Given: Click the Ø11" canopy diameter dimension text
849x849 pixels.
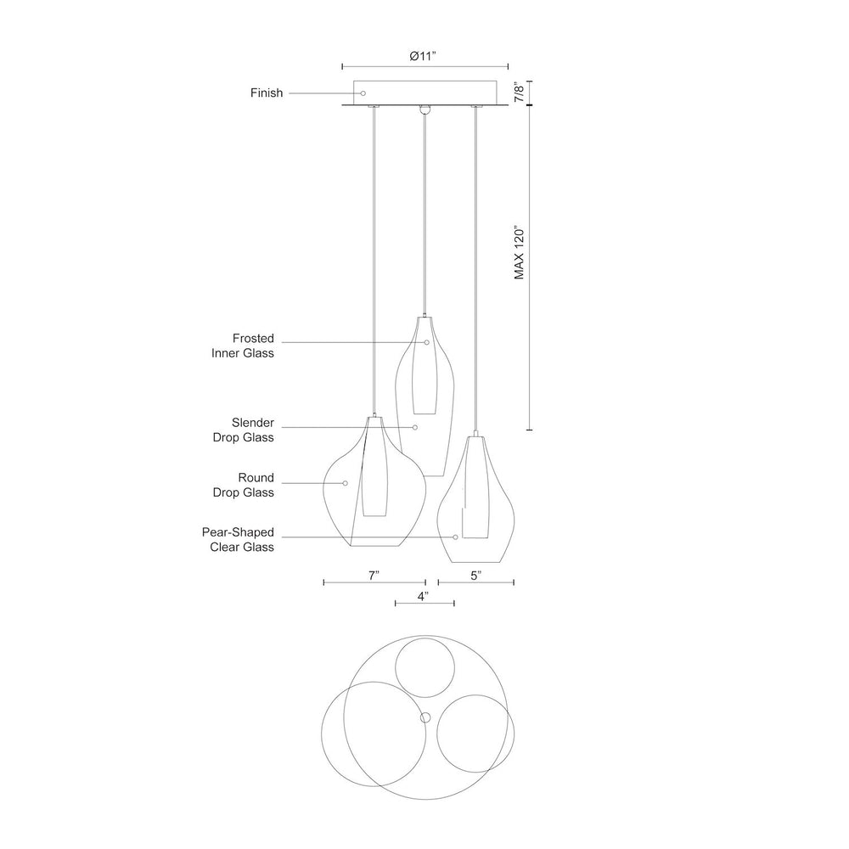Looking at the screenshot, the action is pyautogui.click(x=423, y=56).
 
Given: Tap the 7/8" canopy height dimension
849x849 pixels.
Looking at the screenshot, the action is pyautogui.click(x=520, y=93).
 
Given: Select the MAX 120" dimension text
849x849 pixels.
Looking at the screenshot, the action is pyautogui.click(x=520, y=253).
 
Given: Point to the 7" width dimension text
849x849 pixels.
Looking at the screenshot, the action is pyautogui.click(x=374, y=576).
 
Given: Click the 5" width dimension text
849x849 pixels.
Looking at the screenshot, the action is pyautogui.click(x=476, y=576).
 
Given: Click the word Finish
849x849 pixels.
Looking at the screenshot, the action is pyautogui.click(x=267, y=93).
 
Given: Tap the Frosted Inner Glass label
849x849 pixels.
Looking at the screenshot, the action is pyautogui.click(x=243, y=346).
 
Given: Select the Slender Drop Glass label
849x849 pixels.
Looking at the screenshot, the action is pyautogui.click(x=243, y=430).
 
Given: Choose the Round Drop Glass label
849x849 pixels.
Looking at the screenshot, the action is pyautogui.click(x=243, y=485).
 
